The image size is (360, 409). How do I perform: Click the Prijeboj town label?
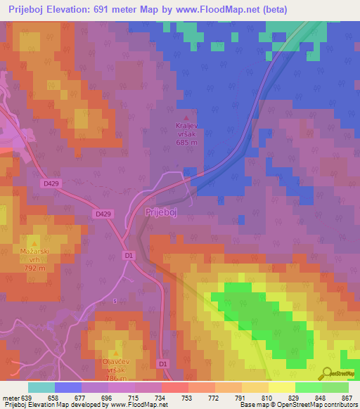pyautogui.click(x=163, y=212)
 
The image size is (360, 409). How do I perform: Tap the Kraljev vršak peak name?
pyautogui.click(x=186, y=130)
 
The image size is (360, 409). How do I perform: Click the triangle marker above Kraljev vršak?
pyautogui.click(x=186, y=118)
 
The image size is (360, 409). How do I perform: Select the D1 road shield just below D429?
pyautogui.click(x=128, y=256)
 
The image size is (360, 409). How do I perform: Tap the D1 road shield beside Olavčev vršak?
pyautogui.click(x=163, y=363)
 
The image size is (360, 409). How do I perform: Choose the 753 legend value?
pyautogui.click(x=188, y=398)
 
